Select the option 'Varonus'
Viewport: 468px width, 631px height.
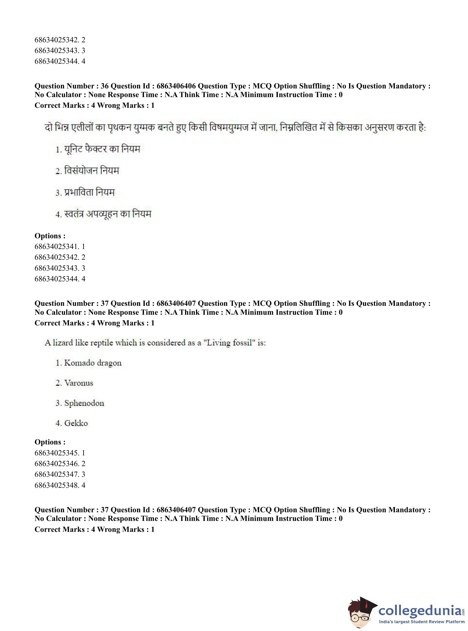(79, 383)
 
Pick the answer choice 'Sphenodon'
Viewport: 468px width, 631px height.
(84, 403)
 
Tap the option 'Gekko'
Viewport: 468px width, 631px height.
(76, 423)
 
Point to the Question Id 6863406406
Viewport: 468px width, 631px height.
(176, 86)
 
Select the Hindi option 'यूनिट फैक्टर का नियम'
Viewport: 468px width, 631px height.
(102, 149)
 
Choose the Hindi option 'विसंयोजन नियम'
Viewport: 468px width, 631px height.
(91, 171)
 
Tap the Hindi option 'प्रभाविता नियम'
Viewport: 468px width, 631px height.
(89, 193)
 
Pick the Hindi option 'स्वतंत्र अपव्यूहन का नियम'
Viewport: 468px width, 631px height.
(107, 214)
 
